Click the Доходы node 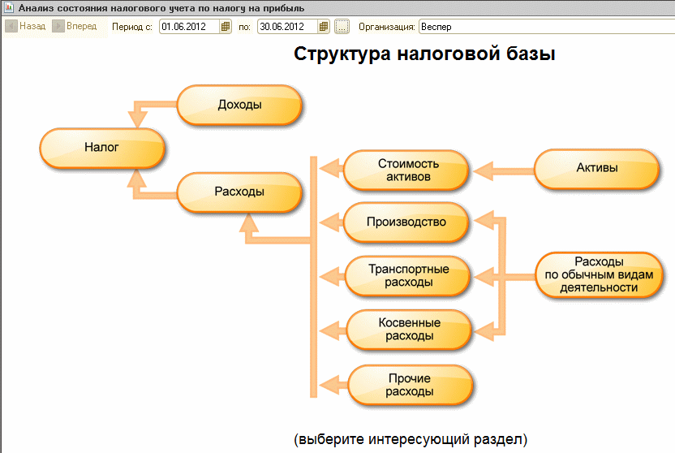pos(239,105)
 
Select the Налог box pos(102,148)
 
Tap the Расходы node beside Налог pos(239,192)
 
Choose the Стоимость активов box pos(406,170)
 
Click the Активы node pos(596,169)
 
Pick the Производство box pos(406,222)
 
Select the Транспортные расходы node pos(408,276)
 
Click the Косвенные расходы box pos(409,330)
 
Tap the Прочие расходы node pos(409,384)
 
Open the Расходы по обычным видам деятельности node pos(599,274)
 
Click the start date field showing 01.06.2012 pos(189,27)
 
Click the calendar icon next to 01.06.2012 pos(226,27)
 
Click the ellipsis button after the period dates pos(342,27)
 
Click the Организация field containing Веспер pos(544,27)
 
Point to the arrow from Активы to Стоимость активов pos(503,170)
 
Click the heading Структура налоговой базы pos(424,55)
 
